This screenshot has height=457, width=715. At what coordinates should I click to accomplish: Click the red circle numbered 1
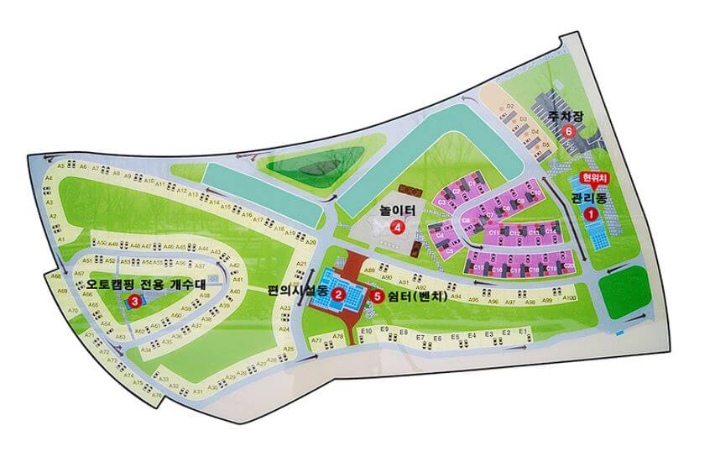[x=591, y=214]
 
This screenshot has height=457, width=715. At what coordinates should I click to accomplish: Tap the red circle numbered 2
[x=337, y=293]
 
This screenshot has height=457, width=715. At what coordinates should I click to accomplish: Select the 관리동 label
[x=588, y=198]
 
